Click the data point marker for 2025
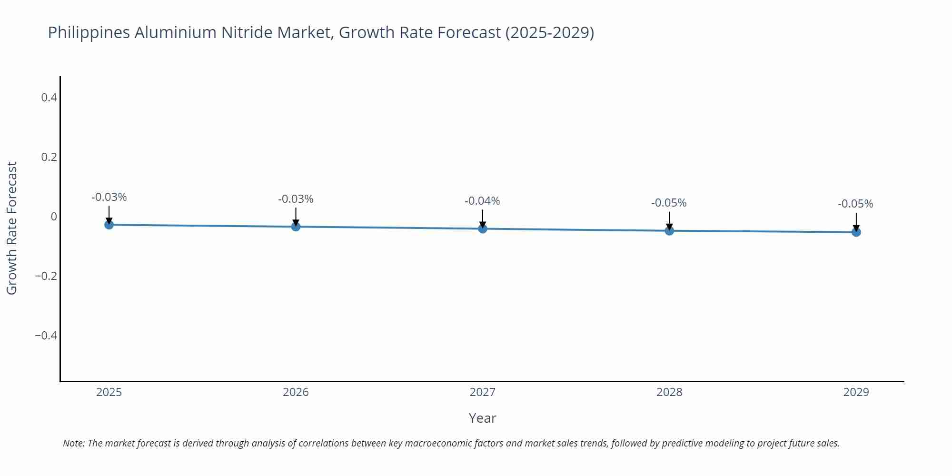(109, 225)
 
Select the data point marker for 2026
(296, 227)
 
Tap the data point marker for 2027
(483, 229)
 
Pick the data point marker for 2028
(669, 231)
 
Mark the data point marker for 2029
(856, 232)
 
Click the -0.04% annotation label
(482, 201)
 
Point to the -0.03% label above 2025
(109, 198)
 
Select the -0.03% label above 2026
(296, 199)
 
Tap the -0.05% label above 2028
(669, 203)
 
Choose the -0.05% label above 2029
(855, 204)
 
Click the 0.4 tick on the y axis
(49, 98)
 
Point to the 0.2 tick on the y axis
(49, 157)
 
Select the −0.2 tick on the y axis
(46, 276)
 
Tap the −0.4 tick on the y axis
(46, 336)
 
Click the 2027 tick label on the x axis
(482, 392)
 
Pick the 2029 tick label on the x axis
(856, 392)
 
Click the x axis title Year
(482, 418)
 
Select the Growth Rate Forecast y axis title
(12, 228)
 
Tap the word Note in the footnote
(73, 443)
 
